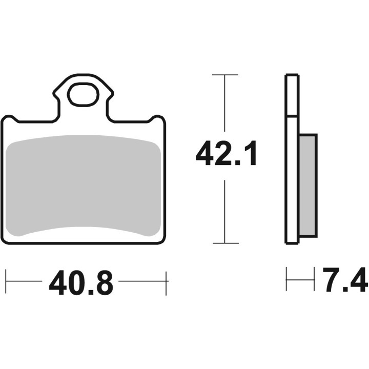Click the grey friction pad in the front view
(85, 184)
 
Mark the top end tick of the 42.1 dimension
(224, 75)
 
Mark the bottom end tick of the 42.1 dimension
(224, 243)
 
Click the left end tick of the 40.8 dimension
(6, 281)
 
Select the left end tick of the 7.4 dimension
(287, 280)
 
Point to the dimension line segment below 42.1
(224, 210)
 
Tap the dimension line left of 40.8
(25, 281)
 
